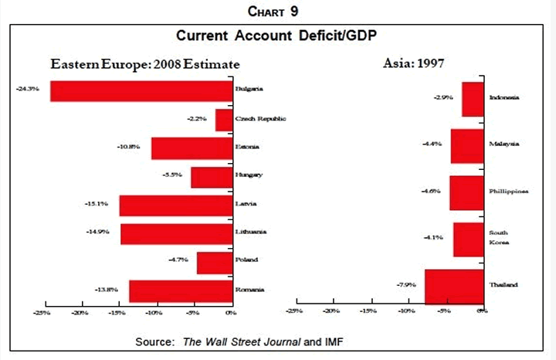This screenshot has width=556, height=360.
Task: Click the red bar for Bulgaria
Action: click(x=141, y=90)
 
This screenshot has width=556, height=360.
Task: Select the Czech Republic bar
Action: click(x=223, y=119)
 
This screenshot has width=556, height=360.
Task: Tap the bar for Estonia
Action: click(x=192, y=148)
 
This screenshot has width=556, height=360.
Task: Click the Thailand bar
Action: click(x=453, y=284)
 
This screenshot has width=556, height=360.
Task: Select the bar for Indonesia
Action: click(x=473, y=98)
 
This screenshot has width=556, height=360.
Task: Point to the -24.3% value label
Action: click(x=27, y=90)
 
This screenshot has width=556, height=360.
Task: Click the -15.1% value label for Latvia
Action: click(x=97, y=205)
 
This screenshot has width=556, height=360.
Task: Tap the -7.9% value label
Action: click(x=407, y=285)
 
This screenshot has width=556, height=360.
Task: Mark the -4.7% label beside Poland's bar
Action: click(x=178, y=260)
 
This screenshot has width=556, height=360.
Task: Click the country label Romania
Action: click(x=250, y=290)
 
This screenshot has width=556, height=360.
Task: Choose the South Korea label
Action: click(x=500, y=237)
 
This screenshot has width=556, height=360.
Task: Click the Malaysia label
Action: click(x=504, y=144)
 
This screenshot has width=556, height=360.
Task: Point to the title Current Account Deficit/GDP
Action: click(x=277, y=36)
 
